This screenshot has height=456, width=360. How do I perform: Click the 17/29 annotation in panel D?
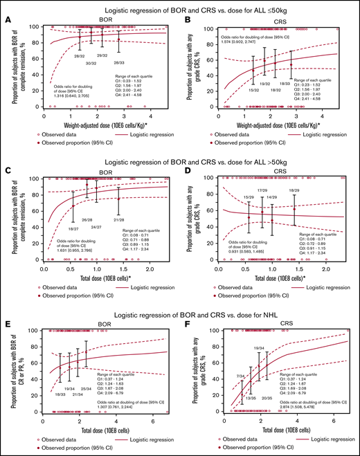[x=262, y=190]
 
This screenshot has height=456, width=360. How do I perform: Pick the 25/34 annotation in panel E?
[x=86, y=388]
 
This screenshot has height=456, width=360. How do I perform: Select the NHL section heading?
[x=180, y=312]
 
